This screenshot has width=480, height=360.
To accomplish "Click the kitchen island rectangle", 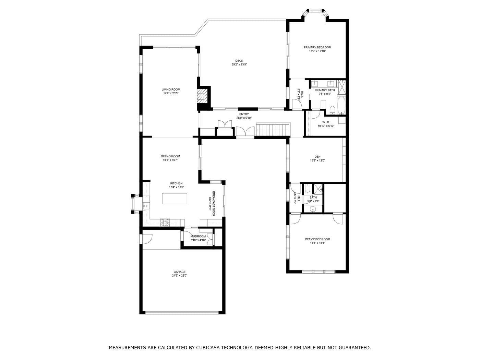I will pos(175,199).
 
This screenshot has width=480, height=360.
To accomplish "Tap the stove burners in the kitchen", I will pos(165,222).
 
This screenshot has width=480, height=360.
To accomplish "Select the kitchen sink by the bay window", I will pos(145,206).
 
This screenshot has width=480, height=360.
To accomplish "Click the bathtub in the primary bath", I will pos(341,106).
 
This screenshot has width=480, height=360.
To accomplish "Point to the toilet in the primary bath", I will pos(332,110).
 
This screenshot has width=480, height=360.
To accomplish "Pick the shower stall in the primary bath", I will pos(341,87).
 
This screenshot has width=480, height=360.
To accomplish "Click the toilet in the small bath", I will pos(308,189).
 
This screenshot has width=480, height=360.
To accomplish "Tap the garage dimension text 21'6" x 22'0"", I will pos(179,276).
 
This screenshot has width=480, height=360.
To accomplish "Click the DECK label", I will pos(239,61).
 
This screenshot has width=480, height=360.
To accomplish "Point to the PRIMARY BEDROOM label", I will pos(317,47).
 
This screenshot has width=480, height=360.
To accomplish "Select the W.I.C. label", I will pos(326,122).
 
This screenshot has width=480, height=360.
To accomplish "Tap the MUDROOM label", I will pos(198,236).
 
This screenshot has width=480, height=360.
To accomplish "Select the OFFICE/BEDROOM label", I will pos(317,239).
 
